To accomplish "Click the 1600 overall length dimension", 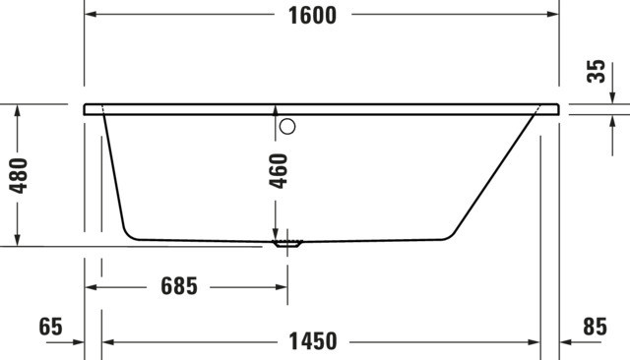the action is pos(313,16).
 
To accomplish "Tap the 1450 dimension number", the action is pos(313,341).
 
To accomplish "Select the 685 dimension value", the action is pos(179,286).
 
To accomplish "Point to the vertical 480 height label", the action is pos(19,176).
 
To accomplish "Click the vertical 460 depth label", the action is pos(279,171).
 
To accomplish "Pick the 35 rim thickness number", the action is pos(596,72).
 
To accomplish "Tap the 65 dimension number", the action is pos(50,327).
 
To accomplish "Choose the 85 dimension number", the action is pos(595,327).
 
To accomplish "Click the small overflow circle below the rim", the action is pos(287,127).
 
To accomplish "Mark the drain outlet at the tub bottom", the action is pos(287,243).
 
